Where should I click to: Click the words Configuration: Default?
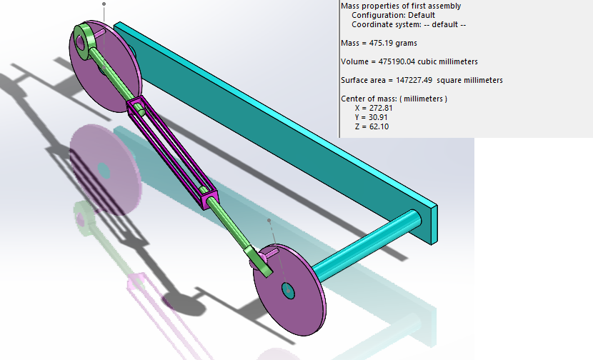[x=392, y=15]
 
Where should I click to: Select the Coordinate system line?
[x=408, y=24]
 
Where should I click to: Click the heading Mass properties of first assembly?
[x=401, y=6]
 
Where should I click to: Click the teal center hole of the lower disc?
[x=288, y=290]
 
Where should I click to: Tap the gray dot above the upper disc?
[x=104, y=4]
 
